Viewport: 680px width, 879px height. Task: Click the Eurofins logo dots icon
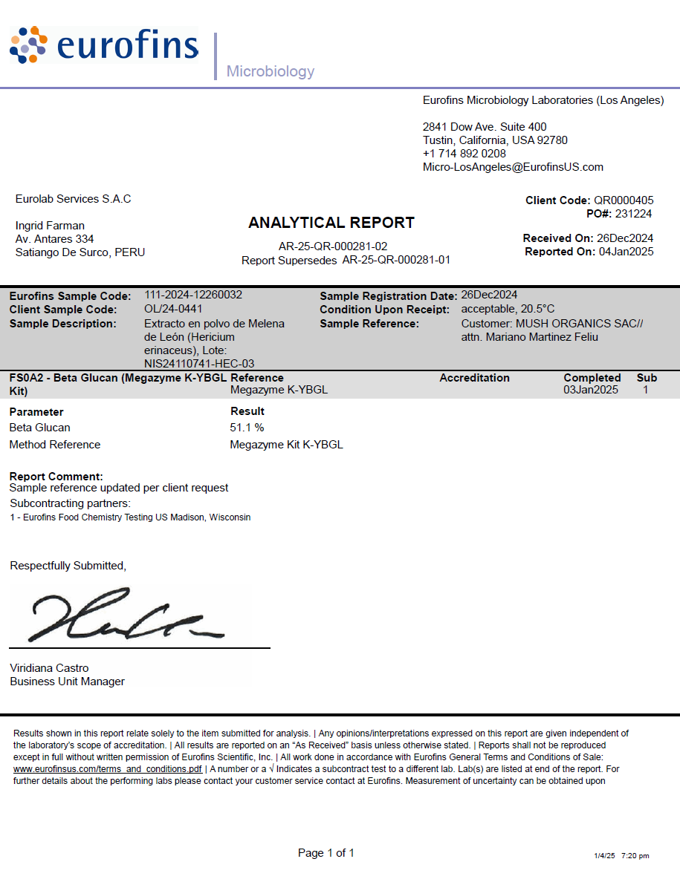pyautogui.click(x=28, y=45)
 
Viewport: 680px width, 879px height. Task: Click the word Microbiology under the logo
pyautogui.click(x=271, y=72)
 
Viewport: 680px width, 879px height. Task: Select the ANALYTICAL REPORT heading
pyautogui.click(x=331, y=223)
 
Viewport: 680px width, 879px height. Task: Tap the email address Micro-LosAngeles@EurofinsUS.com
pyautogui.click(x=513, y=167)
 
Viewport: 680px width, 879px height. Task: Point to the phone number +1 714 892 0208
pyautogui.click(x=464, y=154)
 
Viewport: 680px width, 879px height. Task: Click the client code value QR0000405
pyautogui.click(x=624, y=200)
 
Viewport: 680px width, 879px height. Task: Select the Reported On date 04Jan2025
pyautogui.click(x=626, y=252)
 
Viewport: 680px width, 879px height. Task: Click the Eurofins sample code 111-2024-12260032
pyautogui.click(x=193, y=295)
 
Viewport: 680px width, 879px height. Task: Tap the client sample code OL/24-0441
pyautogui.click(x=173, y=309)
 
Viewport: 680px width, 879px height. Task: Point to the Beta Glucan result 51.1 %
pyautogui.click(x=247, y=428)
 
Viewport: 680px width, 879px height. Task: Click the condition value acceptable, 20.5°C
pyautogui.click(x=508, y=309)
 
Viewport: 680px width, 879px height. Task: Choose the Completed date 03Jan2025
pyautogui.click(x=591, y=390)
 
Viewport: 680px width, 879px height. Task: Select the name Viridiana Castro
pyautogui.click(x=49, y=668)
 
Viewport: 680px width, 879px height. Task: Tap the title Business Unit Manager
pyautogui.click(x=67, y=682)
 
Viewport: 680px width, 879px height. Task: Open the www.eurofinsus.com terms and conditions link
pyautogui.click(x=108, y=769)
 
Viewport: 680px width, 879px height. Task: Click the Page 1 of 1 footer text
pyautogui.click(x=326, y=853)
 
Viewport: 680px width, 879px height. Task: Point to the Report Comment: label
pyautogui.click(x=56, y=476)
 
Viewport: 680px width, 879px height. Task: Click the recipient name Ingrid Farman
pyautogui.click(x=50, y=226)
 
